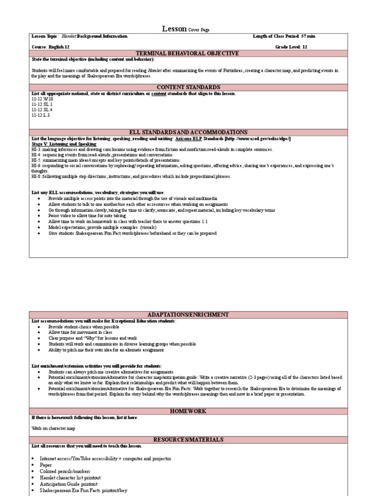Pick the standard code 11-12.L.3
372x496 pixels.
[41, 115]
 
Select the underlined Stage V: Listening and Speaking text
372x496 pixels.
[64, 144]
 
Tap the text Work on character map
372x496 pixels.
[53, 428]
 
